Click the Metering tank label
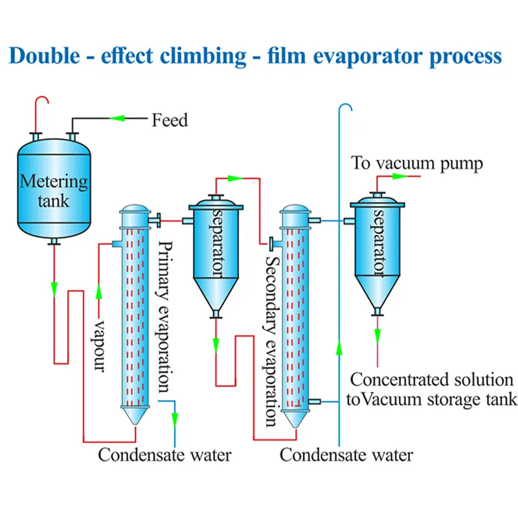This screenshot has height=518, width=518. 53,190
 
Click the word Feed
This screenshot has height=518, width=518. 170,120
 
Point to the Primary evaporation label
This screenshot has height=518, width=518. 165,317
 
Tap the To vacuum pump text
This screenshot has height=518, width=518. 417,163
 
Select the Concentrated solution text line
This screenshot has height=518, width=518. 432,379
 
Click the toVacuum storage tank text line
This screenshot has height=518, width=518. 432,399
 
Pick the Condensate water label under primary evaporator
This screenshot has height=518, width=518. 164,455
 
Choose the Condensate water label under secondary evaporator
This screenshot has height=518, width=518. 346,455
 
